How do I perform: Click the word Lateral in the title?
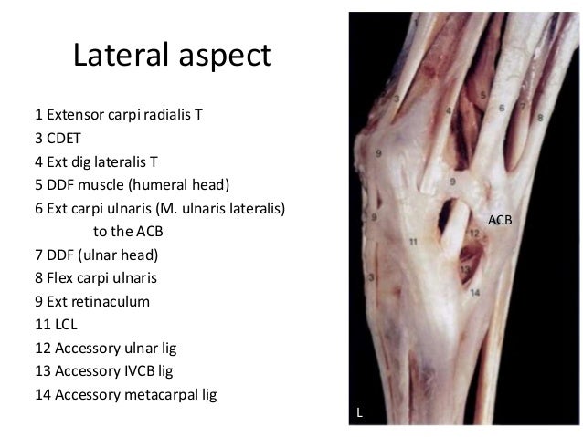click(116, 57)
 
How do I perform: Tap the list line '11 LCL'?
click(59, 323)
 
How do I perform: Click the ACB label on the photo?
click(501, 220)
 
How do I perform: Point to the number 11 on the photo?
click(413, 243)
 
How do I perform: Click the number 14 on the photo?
click(475, 293)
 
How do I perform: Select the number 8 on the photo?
click(540, 117)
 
